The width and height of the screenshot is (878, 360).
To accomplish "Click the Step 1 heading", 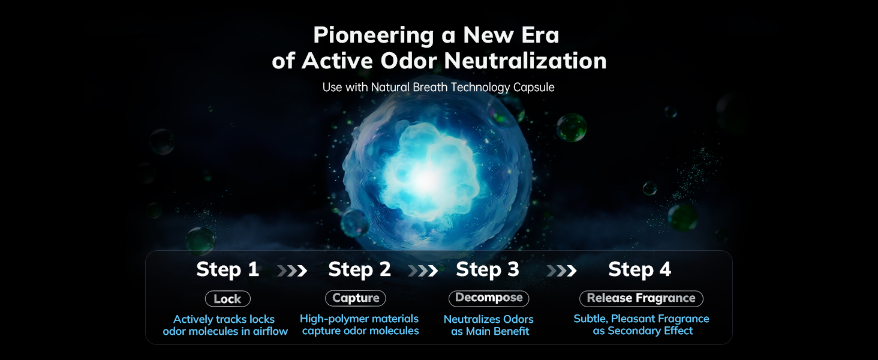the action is (x=227, y=269).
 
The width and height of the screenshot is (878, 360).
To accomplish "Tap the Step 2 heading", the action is (x=359, y=269).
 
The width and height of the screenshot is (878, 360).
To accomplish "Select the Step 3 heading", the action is (x=488, y=269).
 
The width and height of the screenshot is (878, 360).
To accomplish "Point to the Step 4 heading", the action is (x=640, y=269).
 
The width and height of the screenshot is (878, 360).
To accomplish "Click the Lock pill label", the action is (x=228, y=299).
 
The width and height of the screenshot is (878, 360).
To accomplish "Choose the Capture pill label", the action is (x=356, y=298).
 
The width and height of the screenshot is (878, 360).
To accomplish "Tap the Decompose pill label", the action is (x=489, y=298).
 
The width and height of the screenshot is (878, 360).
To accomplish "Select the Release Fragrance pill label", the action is (x=641, y=298).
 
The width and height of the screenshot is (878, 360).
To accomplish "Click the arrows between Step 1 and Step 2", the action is (x=292, y=271).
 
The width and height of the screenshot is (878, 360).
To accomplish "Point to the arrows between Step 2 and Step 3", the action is (x=423, y=271).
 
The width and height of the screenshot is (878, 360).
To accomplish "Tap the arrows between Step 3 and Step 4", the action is (x=561, y=271).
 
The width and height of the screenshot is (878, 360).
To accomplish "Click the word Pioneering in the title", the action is (x=374, y=36).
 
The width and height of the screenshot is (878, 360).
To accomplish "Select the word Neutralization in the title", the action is (x=525, y=61).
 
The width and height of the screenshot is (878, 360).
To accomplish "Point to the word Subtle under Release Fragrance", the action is (x=591, y=319).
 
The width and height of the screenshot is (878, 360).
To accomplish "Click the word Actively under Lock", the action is (x=191, y=320).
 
